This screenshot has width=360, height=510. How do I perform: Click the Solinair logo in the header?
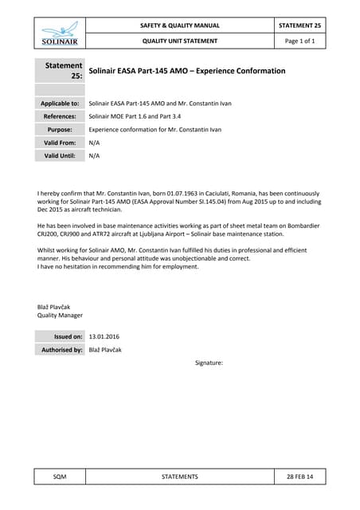coord(60,33)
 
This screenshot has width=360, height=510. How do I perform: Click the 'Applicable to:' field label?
coord(60,104)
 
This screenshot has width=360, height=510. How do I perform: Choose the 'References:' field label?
coord(61,116)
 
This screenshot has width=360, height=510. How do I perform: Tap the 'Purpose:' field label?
coord(65,129)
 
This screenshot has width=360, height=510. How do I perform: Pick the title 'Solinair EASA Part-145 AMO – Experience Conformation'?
coord(187,71)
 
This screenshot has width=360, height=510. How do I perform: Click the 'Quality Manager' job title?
coord(61,316)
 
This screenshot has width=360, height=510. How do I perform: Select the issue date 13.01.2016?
coord(104,337)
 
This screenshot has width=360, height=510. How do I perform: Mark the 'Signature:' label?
coord(209,363)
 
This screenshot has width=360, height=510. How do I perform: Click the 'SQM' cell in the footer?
coord(60,477)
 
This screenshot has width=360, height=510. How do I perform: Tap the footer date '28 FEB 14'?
coord(299,477)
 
